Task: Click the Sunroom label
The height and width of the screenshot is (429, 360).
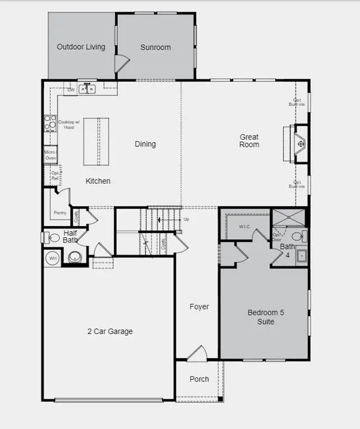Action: point(155,47)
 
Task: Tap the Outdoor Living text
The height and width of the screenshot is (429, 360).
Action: point(81,47)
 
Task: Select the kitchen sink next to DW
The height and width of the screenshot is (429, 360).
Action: point(87,89)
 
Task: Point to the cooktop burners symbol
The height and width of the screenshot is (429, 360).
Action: point(50,123)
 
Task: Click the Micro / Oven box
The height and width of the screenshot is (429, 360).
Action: point(50,155)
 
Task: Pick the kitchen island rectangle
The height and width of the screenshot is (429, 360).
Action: point(96,141)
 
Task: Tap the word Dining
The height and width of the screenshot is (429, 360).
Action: point(145,144)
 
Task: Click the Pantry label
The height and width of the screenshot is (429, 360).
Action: point(60,213)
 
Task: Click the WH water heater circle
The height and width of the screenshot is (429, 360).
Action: point(53,258)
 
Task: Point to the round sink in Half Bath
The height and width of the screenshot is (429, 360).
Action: point(75,258)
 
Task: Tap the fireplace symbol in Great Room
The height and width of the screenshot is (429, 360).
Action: point(301,144)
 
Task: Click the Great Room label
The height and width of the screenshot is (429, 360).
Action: point(249,141)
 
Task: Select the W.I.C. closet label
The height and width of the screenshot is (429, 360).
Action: point(245,227)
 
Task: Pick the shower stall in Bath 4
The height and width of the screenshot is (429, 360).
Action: point(289,217)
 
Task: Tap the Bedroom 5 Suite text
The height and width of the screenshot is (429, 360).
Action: point(266,317)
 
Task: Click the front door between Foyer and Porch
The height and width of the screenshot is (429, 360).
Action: point(197,354)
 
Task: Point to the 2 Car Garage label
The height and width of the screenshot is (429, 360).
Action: point(110,331)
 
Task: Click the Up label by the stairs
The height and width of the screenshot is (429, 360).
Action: point(186,219)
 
